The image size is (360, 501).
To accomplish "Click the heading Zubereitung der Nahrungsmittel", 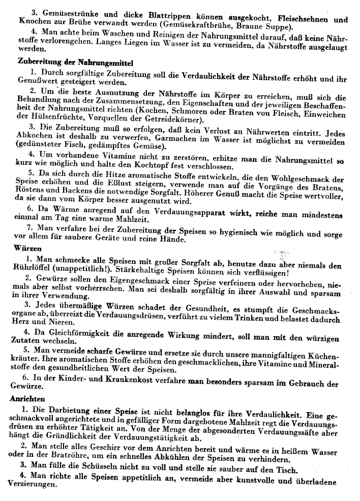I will pyautogui.click(x=71, y=63).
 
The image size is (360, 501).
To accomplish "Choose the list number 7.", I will pyautogui.click(x=30, y=227).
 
